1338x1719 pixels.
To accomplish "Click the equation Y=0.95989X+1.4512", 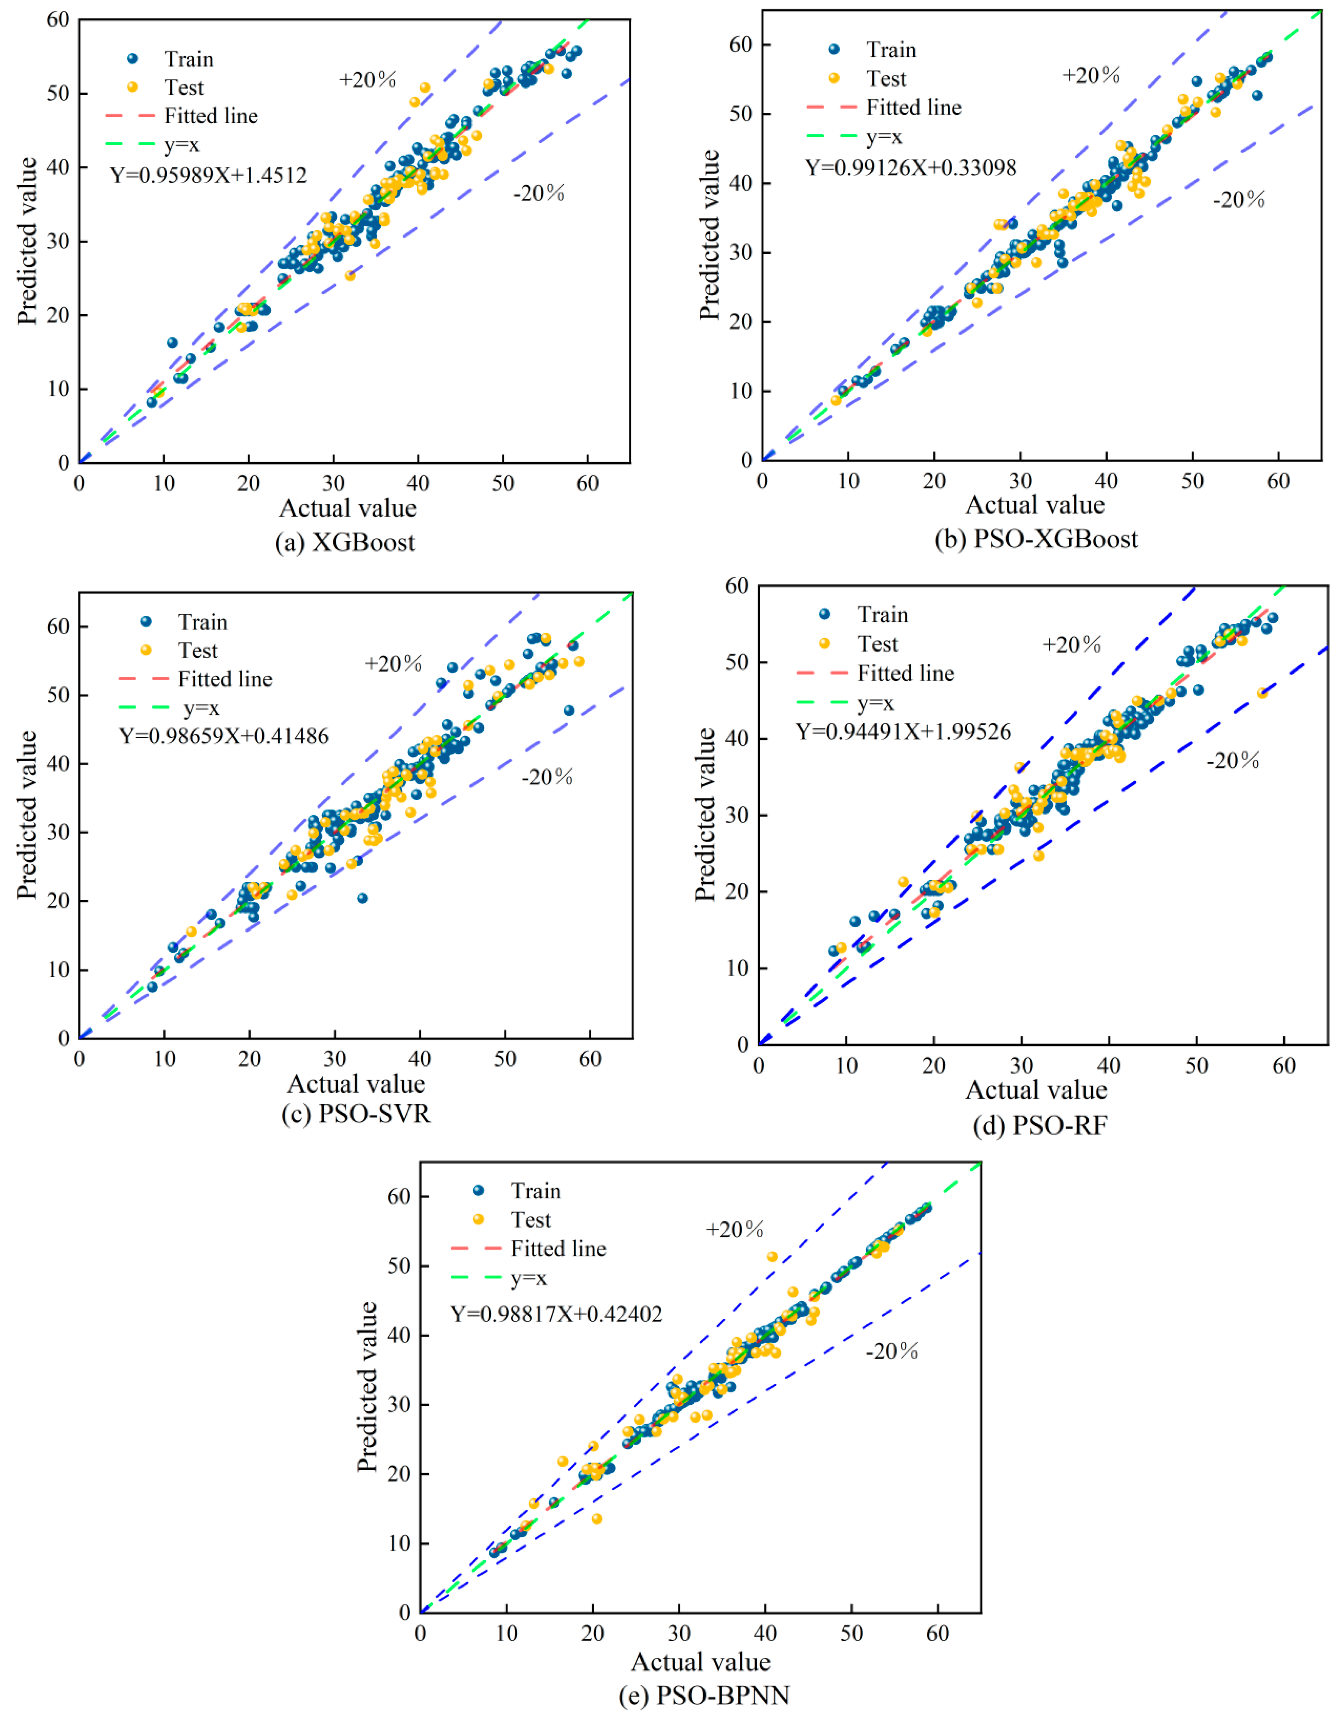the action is (x=209, y=175).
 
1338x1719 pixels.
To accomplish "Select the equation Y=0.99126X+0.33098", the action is (x=910, y=168).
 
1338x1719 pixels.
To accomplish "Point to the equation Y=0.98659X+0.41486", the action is (x=224, y=736).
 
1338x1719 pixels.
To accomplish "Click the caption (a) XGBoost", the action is (x=345, y=542).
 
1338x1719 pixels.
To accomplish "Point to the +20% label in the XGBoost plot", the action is (x=367, y=79).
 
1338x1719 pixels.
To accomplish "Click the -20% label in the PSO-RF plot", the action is (x=1233, y=760).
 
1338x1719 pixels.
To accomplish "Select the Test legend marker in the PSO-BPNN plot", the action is (x=478, y=1219).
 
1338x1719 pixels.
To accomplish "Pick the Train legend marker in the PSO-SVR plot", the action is (x=146, y=622).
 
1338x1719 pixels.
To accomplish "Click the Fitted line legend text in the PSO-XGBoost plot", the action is (x=914, y=107).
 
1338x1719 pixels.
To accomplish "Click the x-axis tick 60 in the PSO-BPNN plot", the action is (x=937, y=1633).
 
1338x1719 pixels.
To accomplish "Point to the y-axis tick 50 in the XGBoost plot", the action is (x=58, y=93).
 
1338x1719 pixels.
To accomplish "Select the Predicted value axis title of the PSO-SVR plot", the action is (x=28, y=815).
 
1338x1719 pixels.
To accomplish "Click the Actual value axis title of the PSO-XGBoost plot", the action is (x=1035, y=505).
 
